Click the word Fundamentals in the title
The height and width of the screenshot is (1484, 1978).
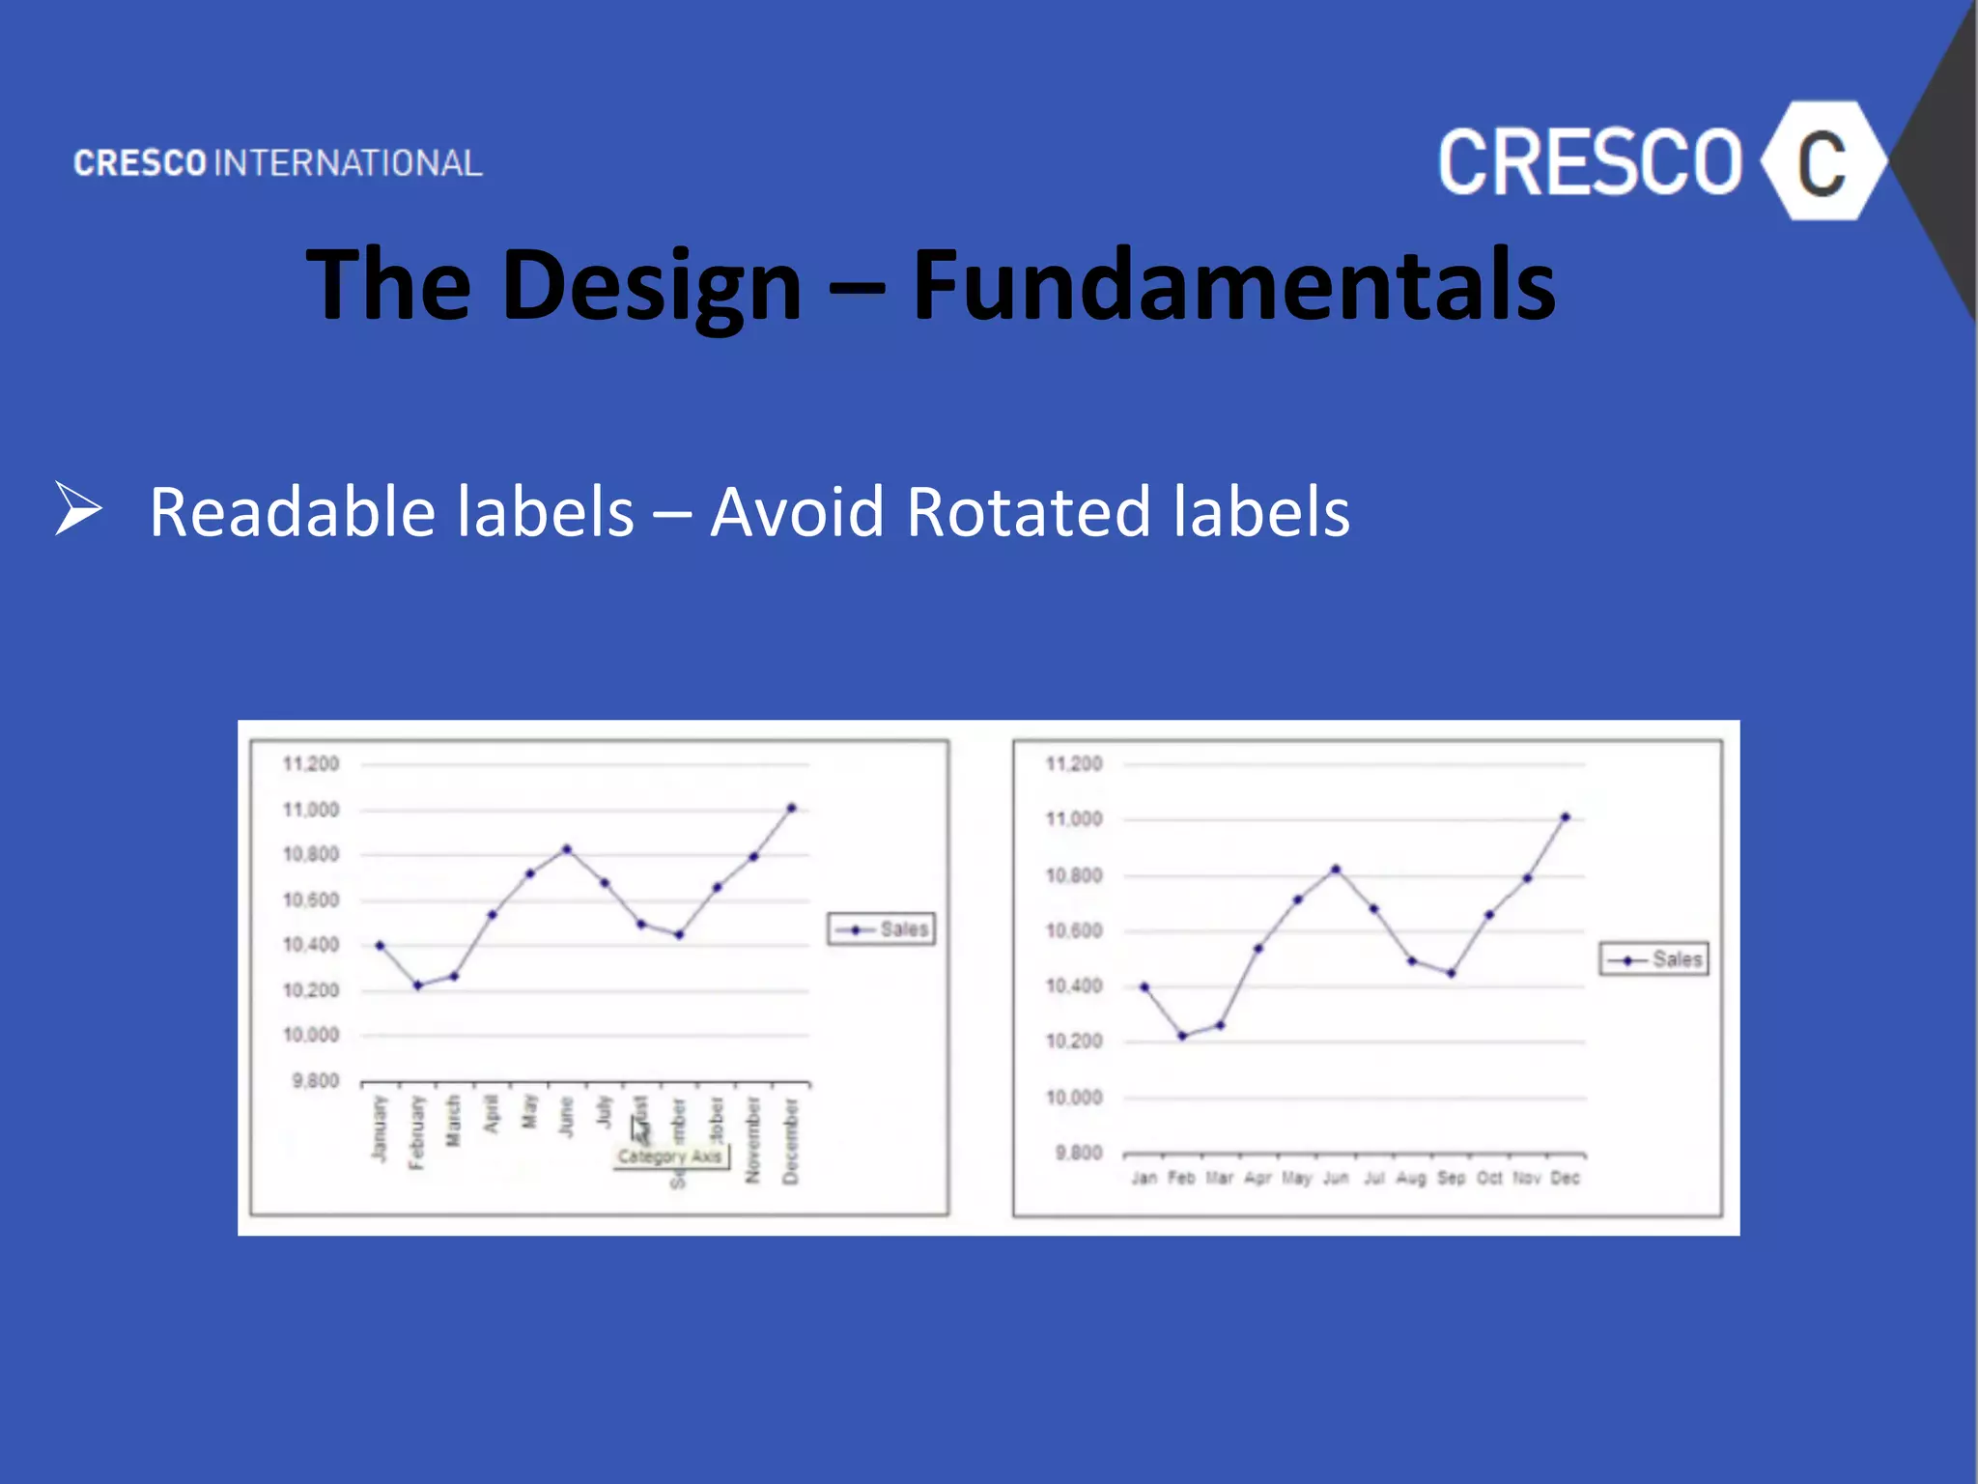[1233, 285]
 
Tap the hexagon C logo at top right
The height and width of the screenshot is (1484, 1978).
[1822, 162]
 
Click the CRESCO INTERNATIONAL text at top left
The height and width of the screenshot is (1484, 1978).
[278, 163]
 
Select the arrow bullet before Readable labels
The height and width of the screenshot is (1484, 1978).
[78, 508]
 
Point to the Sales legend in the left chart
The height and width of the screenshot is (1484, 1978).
[882, 929]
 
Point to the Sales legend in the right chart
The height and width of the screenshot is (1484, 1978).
[1654, 959]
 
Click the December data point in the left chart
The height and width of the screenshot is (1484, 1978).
[791, 808]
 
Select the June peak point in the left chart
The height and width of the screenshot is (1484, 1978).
[567, 850]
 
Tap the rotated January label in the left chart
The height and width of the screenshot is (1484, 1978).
[380, 1127]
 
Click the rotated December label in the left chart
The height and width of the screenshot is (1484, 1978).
[790, 1140]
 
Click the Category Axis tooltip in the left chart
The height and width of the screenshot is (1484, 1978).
[670, 1156]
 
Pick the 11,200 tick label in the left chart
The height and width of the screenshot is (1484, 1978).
[311, 764]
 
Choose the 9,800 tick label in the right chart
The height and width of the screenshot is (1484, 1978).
[1078, 1153]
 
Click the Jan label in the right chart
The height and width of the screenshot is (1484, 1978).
[1144, 1178]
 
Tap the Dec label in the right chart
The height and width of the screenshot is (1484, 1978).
[1565, 1178]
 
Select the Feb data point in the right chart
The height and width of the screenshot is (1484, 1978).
[1182, 1036]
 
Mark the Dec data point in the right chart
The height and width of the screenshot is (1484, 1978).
[1566, 817]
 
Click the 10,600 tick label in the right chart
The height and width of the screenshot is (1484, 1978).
[1074, 931]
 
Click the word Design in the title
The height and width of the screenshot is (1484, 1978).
[652, 285]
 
